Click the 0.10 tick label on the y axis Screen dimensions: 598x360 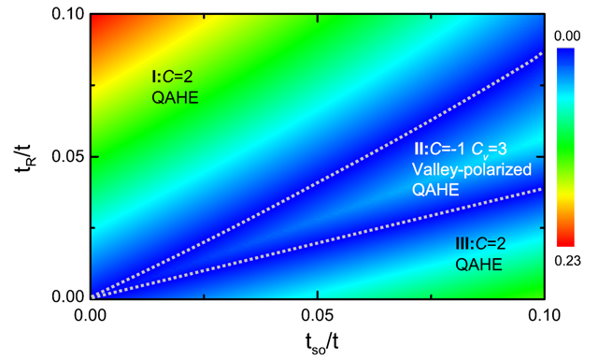coord(66,15)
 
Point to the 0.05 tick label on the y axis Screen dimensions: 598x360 coord(66,157)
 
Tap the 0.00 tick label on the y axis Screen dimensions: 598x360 coord(66,296)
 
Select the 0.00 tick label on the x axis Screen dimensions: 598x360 coord(91,315)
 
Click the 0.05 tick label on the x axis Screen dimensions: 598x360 coord(318,315)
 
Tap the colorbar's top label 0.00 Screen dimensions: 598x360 coord(567,36)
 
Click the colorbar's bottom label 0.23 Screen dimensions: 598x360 coord(567,261)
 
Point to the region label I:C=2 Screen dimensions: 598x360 coord(172,77)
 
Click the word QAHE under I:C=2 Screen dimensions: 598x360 coord(175,98)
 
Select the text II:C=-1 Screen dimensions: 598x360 coord(440,150)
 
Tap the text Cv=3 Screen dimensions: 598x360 coord(490,150)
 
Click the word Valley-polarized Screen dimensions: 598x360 coord(472,169)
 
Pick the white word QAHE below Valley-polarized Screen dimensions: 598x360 coord(435,190)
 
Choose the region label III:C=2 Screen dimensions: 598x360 coord(480,243)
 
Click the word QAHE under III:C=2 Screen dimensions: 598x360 coord(478,265)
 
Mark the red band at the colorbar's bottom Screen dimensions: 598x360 coord(565,239)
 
